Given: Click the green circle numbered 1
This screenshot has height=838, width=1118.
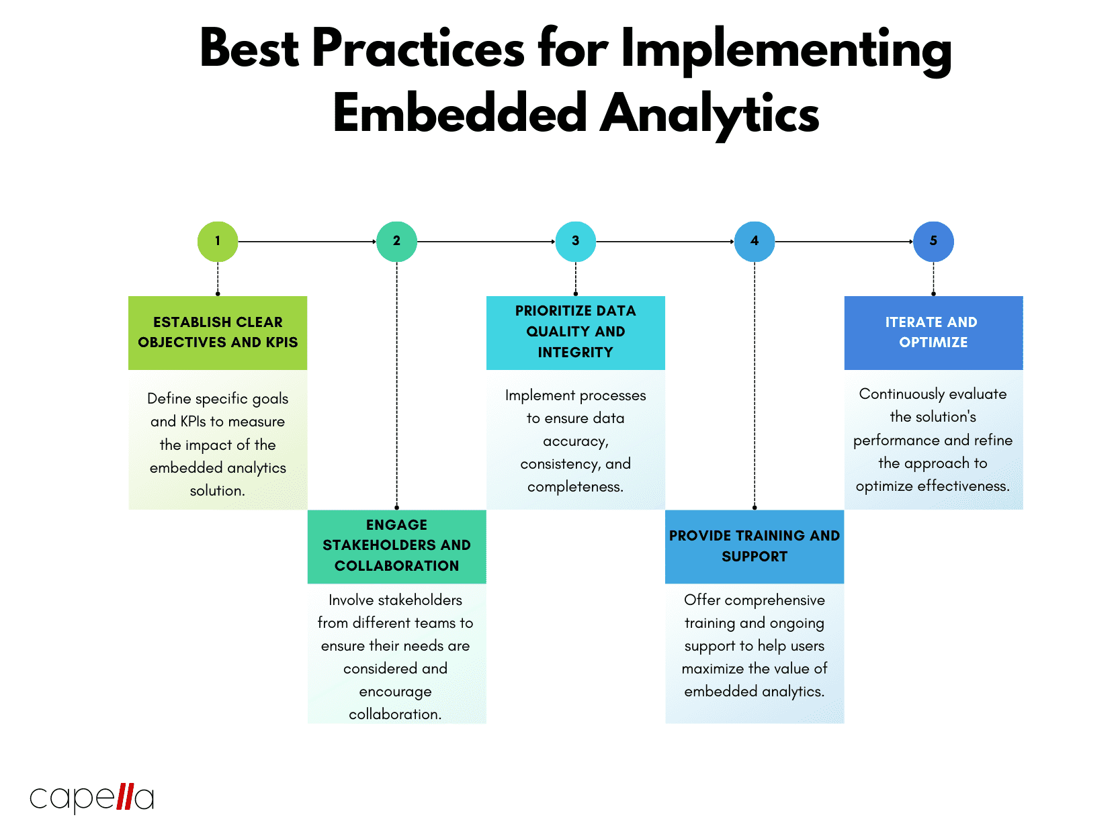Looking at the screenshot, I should coord(217,241).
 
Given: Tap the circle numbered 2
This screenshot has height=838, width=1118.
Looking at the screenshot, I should coord(396,241).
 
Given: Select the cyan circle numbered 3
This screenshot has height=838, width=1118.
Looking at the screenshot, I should coord(575,241).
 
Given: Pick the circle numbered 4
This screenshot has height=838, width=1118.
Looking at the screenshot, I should coord(754,241).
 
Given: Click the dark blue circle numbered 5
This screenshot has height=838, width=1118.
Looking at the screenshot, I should coord(933,241).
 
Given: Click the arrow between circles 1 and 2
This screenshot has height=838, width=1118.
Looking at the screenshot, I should coord(307,242).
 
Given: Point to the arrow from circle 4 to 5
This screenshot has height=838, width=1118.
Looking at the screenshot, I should coord(844,242).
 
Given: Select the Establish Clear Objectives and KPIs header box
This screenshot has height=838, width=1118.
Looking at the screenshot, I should coord(217,332).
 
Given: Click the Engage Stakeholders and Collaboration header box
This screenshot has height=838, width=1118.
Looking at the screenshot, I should coord(396,546).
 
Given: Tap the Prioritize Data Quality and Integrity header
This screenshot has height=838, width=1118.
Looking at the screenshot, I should coord(575,332).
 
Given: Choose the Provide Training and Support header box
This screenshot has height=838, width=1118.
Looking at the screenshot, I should coord(754,546).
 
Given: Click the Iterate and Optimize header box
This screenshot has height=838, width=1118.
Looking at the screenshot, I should coord(933,332).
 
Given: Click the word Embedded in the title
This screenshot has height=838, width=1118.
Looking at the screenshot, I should coord(460,113).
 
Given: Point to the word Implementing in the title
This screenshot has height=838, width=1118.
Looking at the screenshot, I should coord(786,50).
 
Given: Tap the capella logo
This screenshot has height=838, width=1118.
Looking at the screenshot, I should coord(92,798).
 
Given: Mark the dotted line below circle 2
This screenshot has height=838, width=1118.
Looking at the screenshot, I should coord(396,383).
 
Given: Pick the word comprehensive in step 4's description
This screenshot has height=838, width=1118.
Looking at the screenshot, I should coord(775,600).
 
